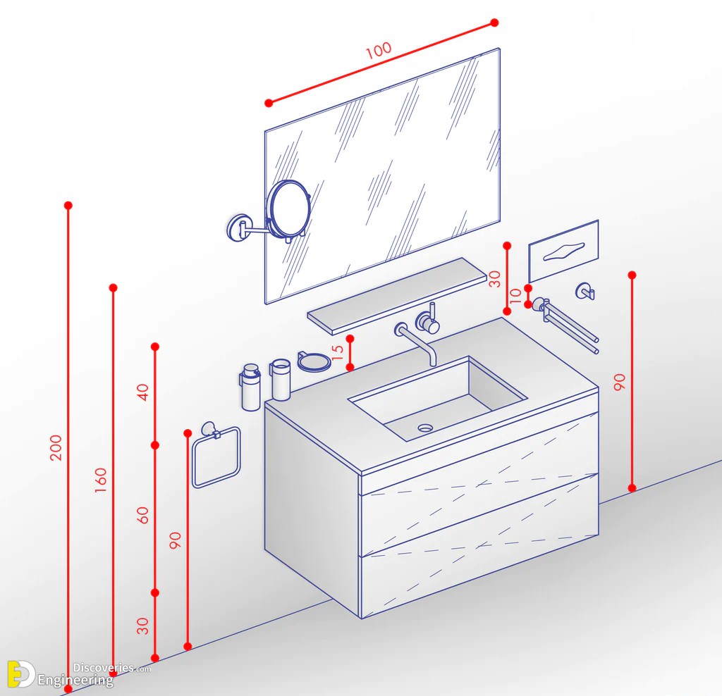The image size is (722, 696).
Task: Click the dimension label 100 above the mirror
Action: (379, 51)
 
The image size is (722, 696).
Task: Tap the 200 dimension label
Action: (56, 447)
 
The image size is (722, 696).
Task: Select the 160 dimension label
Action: (100, 480)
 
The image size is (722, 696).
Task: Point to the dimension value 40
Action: (143, 392)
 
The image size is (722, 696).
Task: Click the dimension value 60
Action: (143, 515)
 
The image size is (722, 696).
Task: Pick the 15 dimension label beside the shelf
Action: (338, 353)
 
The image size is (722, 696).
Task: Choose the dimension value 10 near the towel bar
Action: (515, 295)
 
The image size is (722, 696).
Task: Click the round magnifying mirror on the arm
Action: (289, 209)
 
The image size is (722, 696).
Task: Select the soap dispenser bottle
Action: (250, 387)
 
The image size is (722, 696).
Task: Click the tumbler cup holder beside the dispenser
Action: (280, 380)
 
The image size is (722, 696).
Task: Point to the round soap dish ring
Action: (314, 361)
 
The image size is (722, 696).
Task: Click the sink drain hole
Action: (425, 428)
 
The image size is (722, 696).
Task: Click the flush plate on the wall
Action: (563, 251)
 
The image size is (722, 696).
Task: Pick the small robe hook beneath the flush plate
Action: (585, 291)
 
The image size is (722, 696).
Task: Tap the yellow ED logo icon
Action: (20, 674)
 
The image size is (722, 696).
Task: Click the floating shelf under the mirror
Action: (397, 296)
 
